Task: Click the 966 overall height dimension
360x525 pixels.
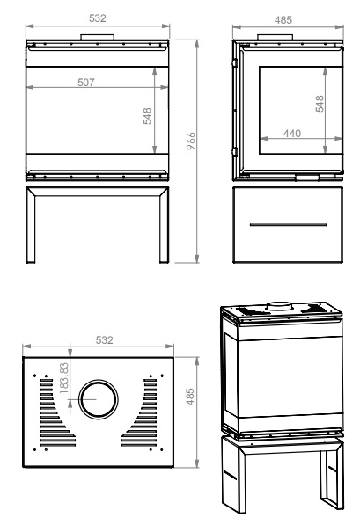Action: click(x=191, y=141)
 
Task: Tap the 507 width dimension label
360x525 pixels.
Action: click(x=85, y=82)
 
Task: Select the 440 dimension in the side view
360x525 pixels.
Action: click(x=292, y=134)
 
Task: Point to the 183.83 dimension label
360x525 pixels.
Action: click(x=63, y=377)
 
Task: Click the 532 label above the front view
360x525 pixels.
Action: click(x=98, y=18)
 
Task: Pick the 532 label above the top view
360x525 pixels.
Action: click(x=104, y=339)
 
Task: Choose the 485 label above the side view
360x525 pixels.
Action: click(x=283, y=20)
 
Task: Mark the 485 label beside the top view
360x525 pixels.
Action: click(x=190, y=397)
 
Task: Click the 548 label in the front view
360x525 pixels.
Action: click(x=147, y=116)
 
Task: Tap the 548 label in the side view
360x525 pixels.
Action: click(x=320, y=104)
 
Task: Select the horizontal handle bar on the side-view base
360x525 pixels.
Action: click(x=289, y=224)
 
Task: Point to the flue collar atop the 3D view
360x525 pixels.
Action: click(x=280, y=306)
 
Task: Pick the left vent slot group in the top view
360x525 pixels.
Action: click(x=55, y=412)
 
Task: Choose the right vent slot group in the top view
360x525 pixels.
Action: click(x=141, y=412)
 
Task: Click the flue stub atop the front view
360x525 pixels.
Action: click(x=97, y=37)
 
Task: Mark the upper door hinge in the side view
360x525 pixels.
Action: click(x=235, y=62)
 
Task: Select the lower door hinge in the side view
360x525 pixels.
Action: click(x=235, y=151)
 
